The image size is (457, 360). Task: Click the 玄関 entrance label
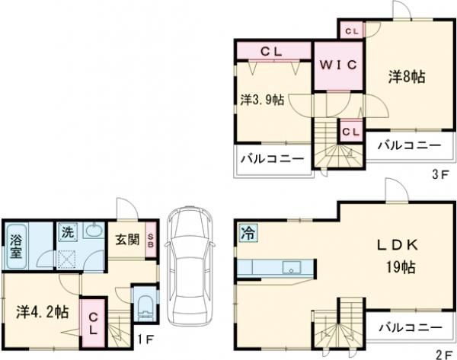click(127, 240)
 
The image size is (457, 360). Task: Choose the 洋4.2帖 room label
click(42, 312)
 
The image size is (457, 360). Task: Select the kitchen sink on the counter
click(289, 267)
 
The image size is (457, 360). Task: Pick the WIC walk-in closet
click(338, 65)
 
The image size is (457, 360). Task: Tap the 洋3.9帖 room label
click(263, 100)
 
